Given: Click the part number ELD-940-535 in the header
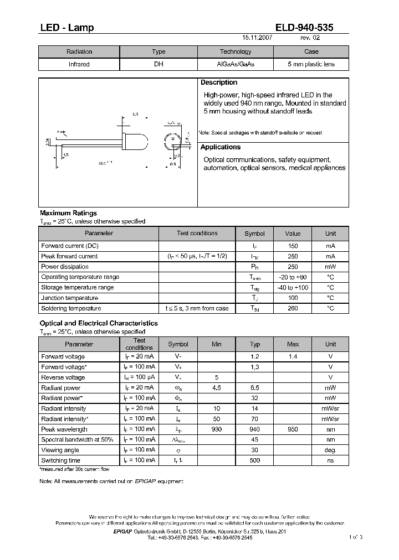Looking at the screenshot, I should point(304,28).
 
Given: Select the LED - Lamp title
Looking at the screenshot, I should point(66,28).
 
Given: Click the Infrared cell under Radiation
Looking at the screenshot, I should point(79,64).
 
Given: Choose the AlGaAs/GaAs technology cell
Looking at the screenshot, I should point(236,64).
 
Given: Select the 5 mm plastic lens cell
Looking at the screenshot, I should point(311,64).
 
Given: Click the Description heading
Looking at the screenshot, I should point(219,82).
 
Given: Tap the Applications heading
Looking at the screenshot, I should point(221,147).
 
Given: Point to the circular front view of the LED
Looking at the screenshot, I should point(172,141).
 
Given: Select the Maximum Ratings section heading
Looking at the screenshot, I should point(68,213).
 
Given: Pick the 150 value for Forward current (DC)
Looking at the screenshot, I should point(293,246).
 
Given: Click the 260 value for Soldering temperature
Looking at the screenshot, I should point(293,309).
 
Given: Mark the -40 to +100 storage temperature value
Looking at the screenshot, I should point(293,288).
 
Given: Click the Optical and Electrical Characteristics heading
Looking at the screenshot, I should point(99,323).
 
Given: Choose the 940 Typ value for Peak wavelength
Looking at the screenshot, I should point(255,429).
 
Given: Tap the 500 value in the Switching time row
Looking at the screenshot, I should point(255,460).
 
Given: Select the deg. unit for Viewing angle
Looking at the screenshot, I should point(330,450).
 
